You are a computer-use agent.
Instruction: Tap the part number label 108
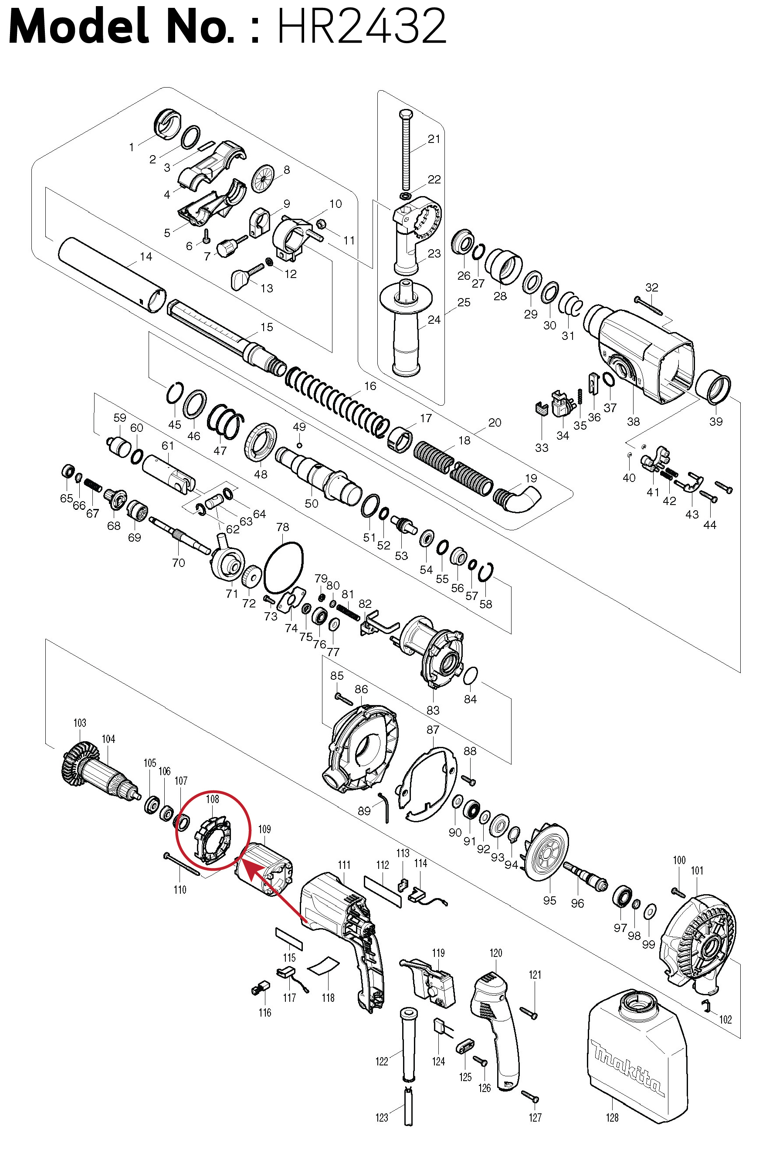click(213, 799)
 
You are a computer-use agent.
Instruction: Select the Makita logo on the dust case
click(627, 1070)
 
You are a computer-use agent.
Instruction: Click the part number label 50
click(311, 503)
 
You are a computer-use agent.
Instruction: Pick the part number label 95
click(549, 900)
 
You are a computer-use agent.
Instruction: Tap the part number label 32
click(652, 287)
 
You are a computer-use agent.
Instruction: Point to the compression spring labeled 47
click(225, 420)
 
